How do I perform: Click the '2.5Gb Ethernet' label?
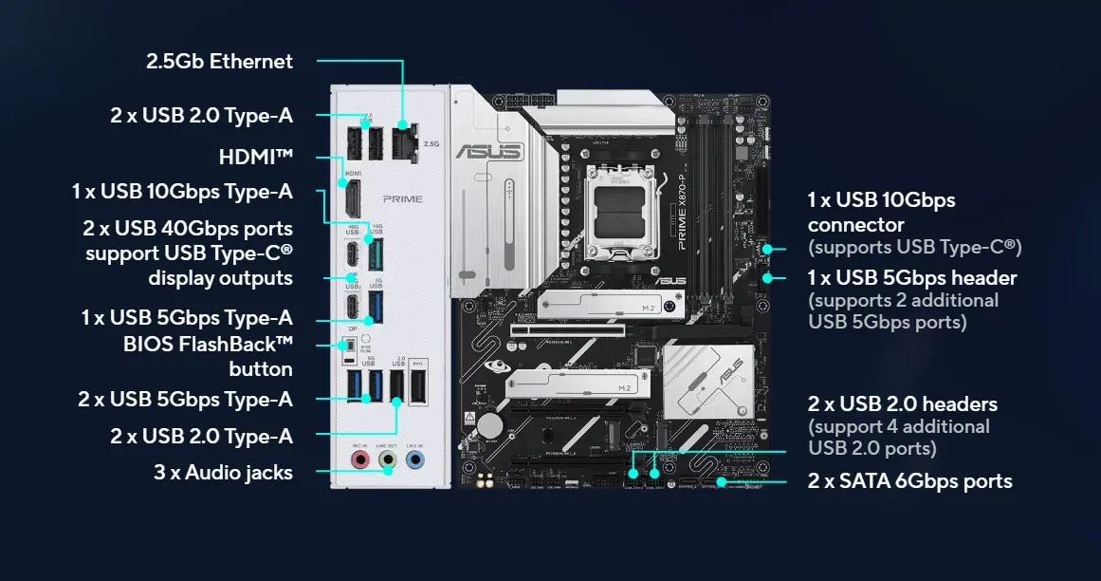(x=219, y=62)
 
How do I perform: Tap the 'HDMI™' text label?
(x=256, y=157)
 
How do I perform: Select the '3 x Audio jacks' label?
(x=223, y=472)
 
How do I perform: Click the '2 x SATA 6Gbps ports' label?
(x=909, y=481)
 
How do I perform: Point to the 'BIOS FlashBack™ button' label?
(x=208, y=356)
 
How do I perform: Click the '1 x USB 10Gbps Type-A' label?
(x=182, y=192)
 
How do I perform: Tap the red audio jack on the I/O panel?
(x=359, y=459)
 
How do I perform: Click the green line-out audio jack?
(x=387, y=459)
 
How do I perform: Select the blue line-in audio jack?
(x=414, y=459)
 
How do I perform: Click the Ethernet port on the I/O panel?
(x=404, y=141)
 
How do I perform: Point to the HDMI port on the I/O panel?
(x=350, y=199)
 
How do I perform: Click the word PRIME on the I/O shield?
(x=403, y=199)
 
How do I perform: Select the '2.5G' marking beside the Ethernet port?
(x=431, y=144)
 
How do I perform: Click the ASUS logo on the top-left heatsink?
(x=487, y=151)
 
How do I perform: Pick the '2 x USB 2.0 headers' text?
(x=902, y=404)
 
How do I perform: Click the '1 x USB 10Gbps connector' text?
(x=881, y=213)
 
